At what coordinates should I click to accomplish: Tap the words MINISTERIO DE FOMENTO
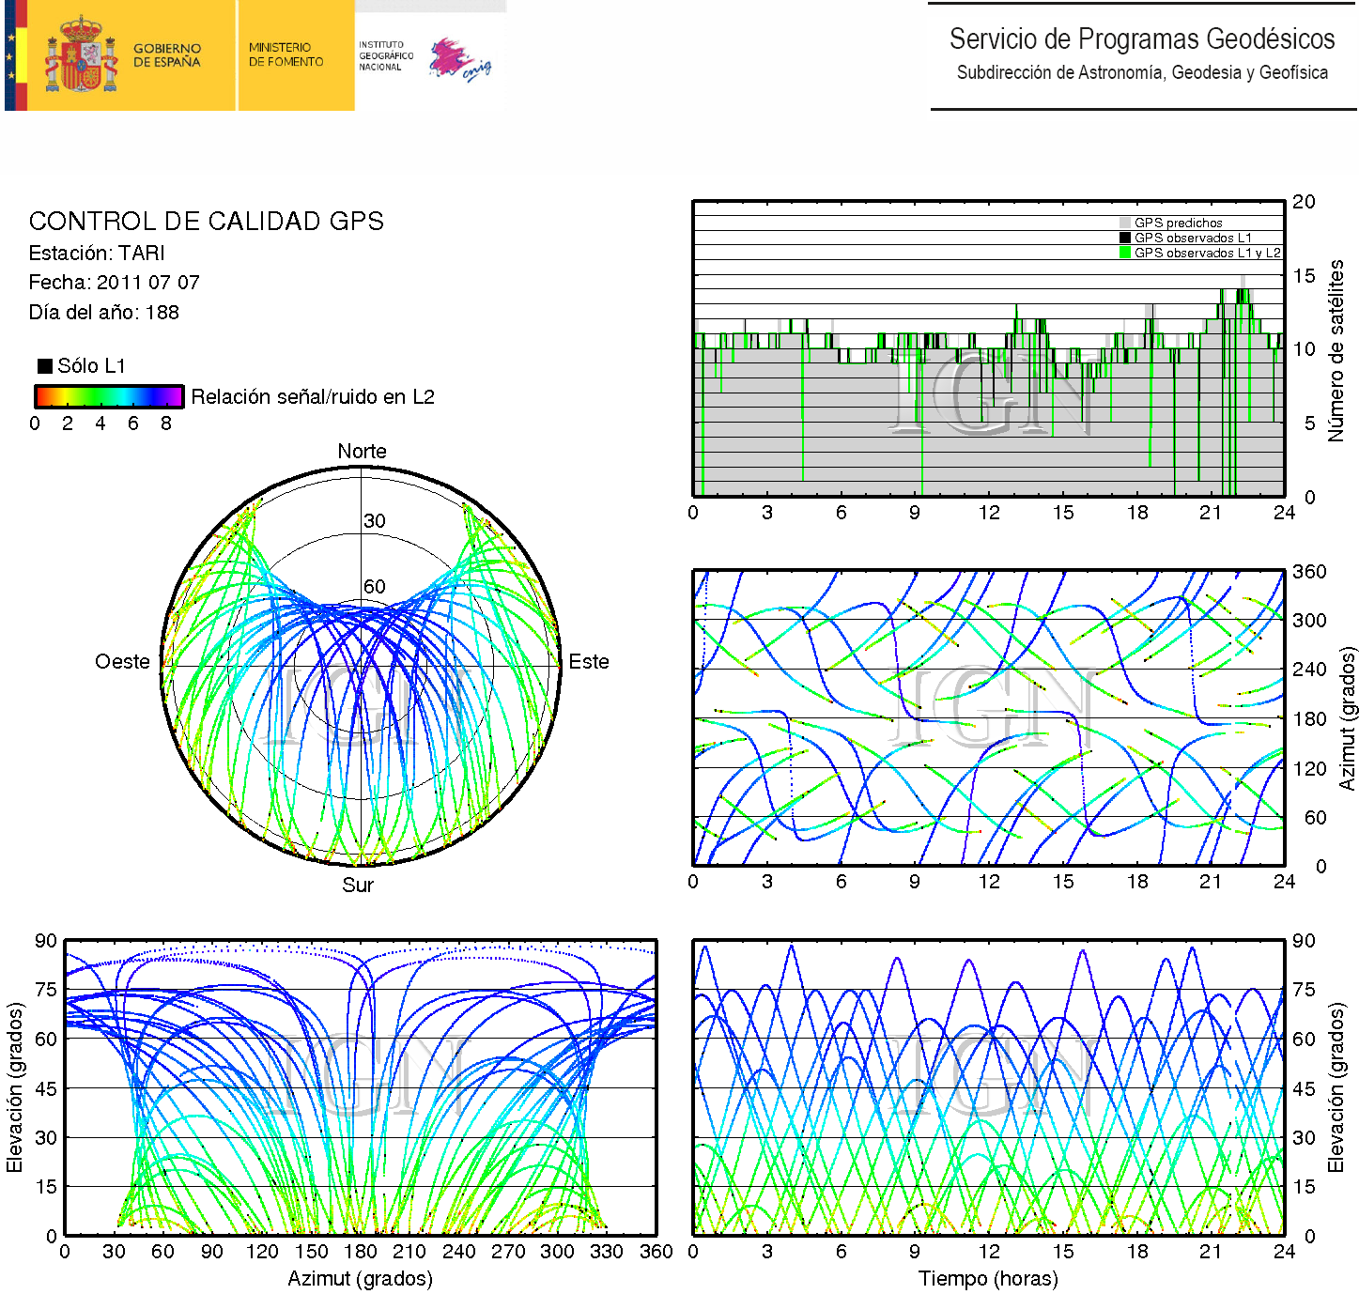click(x=286, y=54)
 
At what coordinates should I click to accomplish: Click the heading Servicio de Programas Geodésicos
click(x=1141, y=39)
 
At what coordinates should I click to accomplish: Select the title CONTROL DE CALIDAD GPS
click(x=207, y=222)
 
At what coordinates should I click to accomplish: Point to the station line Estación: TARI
click(x=97, y=254)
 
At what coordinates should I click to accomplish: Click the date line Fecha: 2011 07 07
click(x=114, y=283)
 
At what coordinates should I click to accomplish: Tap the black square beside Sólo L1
click(x=45, y=366)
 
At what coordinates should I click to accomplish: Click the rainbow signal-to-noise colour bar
click(x=108, y=396)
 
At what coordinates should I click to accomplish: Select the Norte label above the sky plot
click(x=362, y=452)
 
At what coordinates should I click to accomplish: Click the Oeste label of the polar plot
click(x=122, y=662)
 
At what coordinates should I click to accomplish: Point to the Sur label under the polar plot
click(x=358, y=886)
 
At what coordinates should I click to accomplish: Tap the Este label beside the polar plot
click(x=589, y=662)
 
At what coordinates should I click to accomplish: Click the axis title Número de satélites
click(x=1336, y=350)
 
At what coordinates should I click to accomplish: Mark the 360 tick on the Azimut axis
click(x=1309, y=572)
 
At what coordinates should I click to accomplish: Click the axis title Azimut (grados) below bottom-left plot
click(x=360, y=1279)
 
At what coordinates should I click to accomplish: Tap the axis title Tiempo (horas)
click(x=988, y=1279)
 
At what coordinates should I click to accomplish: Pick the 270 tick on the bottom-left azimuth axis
click(x=508, y=1252)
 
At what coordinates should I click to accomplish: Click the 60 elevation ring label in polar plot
click(x=375, y=587)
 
